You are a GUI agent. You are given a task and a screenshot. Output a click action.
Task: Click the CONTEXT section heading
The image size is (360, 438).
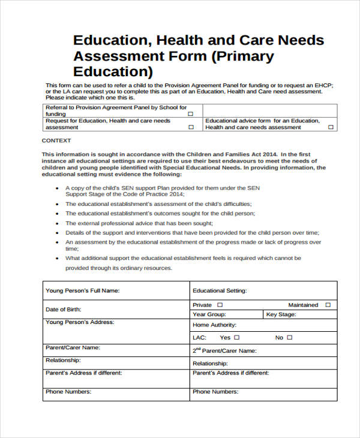pos(56,140)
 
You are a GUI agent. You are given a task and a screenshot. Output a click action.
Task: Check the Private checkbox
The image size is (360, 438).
pos(220,305)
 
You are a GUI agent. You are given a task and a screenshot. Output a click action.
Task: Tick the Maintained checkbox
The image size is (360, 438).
pos(328,305)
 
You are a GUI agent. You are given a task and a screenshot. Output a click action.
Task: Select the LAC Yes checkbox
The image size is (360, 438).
pos(238,338)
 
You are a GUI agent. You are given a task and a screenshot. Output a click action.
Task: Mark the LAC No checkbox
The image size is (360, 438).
pos(289,338)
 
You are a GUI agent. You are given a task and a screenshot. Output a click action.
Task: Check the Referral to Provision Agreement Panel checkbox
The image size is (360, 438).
pos(191,113)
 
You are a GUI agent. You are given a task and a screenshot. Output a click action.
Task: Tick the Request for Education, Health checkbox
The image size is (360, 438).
pos(191,127)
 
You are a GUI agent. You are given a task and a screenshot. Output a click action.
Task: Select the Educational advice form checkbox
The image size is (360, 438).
pos(330,127)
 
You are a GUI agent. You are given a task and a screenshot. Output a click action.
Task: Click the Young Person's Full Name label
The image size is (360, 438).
pos(82,291)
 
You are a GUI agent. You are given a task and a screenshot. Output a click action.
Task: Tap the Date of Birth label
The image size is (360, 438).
pos(63,310)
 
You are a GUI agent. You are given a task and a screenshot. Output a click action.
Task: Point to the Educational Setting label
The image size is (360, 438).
pos(219,291)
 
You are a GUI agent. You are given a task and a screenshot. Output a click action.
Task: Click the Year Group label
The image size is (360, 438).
pos(209,314)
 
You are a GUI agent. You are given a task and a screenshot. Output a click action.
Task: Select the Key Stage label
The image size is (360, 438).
pos(281,314)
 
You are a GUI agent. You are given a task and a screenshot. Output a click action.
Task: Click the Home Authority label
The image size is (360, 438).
pos(214,325)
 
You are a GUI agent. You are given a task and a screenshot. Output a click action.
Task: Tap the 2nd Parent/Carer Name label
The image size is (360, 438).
pos(224,351)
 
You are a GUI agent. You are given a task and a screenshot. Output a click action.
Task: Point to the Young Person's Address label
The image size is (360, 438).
pos(79,322)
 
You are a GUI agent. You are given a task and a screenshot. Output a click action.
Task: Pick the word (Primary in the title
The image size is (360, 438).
pos(244,56)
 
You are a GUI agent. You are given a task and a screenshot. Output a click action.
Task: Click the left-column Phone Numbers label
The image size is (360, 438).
pos(68,392)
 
